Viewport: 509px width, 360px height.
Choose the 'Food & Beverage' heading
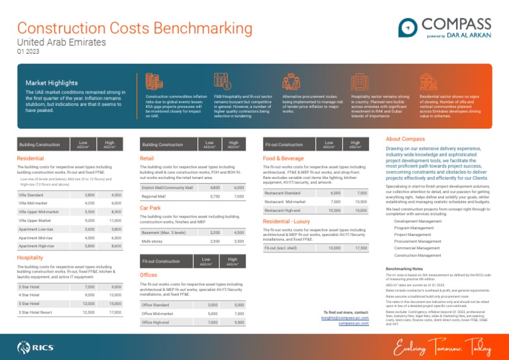pyautogui.click(x=284, y=159)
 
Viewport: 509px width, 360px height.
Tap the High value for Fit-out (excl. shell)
pyautogui.click(x=361, y=266)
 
